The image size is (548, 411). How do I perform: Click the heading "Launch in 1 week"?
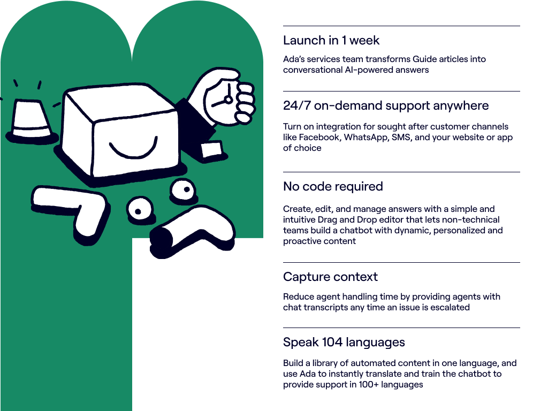[331, 41]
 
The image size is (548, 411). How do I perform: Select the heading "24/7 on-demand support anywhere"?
[386, 106]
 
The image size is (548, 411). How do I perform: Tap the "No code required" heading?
[333, 187]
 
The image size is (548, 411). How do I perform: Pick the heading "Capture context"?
[330, 277]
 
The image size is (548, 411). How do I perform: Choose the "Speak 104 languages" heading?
[344, 342]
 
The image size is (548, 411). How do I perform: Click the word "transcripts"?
[326, 308]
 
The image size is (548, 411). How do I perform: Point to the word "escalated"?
[451, 308]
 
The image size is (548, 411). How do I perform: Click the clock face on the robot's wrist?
[225, 98]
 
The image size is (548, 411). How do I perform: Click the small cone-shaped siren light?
[30, 119]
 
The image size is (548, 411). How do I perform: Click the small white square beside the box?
[212, 149]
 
